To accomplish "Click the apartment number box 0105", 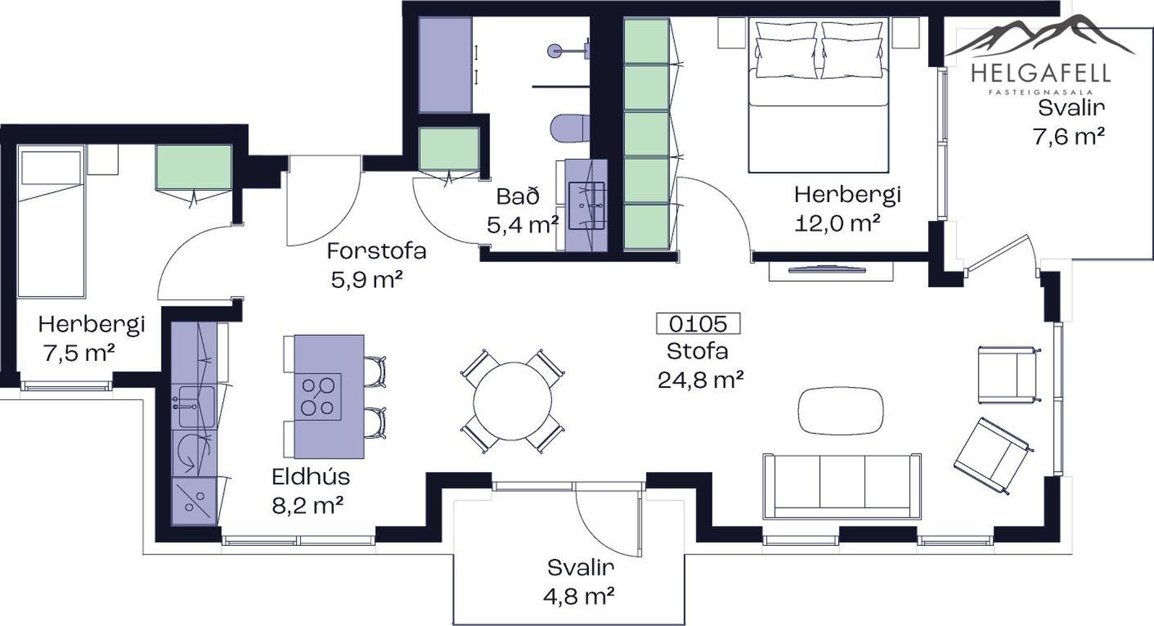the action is coord(698,323).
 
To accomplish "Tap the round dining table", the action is coord(512,401).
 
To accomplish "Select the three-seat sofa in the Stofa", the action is coord(842,487).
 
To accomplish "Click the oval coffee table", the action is coord(840,411).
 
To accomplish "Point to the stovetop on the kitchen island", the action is coord(318,396).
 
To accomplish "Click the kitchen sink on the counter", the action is coord(196,407).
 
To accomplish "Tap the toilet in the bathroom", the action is coord(570,128).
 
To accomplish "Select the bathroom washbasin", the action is coord(587,206).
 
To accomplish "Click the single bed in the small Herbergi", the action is coord(51,222).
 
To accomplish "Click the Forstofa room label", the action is coord(377,251).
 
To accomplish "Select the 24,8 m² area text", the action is coord(701,381).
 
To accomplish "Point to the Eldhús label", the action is coord(310,477).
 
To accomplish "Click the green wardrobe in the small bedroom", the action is coord(193,167).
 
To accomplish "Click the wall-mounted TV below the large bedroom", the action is coord(829,268).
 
